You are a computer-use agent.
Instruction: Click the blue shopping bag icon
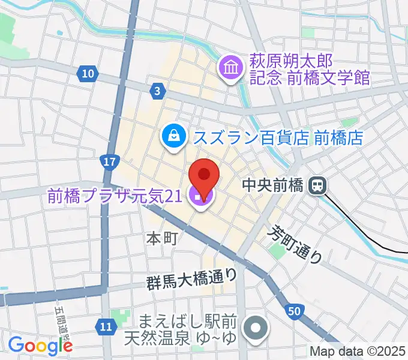point(173,136)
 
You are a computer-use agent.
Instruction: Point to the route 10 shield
point(88,74)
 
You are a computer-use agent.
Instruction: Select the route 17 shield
point(109,162)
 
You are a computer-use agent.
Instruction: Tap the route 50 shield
point(293,311)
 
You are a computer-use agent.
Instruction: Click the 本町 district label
point(161,238)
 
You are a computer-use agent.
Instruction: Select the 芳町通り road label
point(295,244)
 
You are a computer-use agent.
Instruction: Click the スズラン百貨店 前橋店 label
point(278,137)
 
